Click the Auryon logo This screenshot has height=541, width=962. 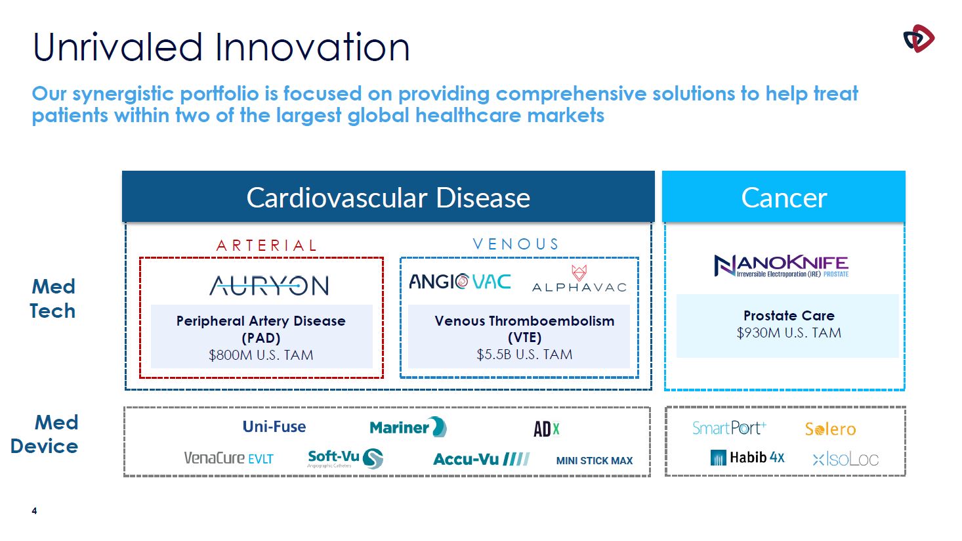point(269,286)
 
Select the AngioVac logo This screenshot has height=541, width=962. point(460,282)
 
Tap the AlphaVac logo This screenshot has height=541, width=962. point(579,278)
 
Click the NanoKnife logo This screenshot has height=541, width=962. point(781,265)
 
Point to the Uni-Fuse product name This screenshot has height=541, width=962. point(274,427)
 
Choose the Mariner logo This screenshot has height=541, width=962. point(408,427)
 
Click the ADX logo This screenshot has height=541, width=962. point(546,429)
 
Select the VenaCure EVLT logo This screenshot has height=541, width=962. point(228,458)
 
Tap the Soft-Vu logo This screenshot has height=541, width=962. point(345,458)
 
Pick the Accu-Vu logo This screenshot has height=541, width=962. point(482,459)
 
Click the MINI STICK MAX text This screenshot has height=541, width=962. point(595,461)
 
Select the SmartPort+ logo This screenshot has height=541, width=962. point(729,428)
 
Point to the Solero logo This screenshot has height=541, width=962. point(831,429)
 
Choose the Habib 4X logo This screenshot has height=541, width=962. point(747,458)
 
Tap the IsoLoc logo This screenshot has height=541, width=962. point(846,460)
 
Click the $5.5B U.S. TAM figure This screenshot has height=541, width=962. point(524,355)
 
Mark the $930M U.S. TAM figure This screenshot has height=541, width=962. point(789,333)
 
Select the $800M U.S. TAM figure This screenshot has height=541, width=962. point(261,355)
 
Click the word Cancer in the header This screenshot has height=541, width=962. point(784,198)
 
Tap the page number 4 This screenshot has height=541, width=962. point(34,511)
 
